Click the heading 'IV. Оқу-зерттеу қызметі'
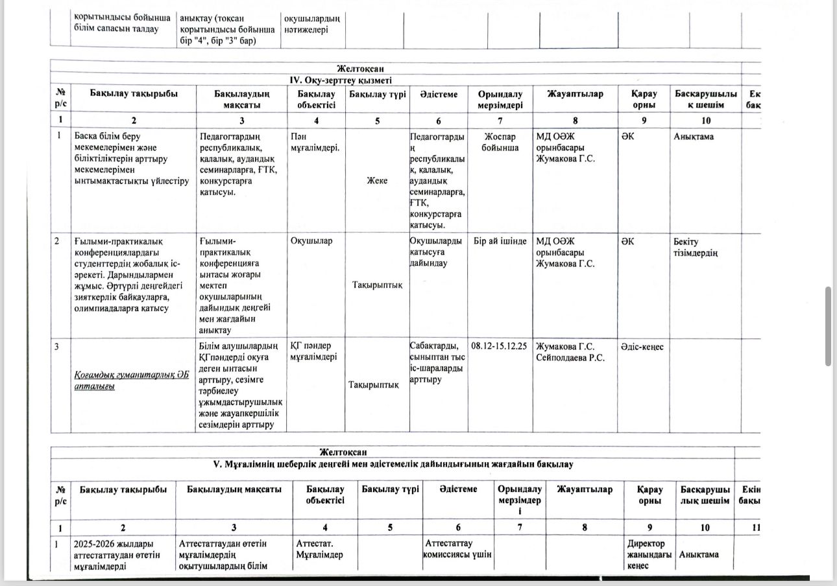pyautogui.click(x=340, y=80)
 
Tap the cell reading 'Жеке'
pyautogui.click(x=376, y=180)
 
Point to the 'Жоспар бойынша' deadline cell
pyautogui.click(x=500, y=143)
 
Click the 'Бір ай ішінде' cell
pyautogui.click(x=500, y=241)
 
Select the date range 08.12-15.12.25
pyautogui.click(x=500, y=346)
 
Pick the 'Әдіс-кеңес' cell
pyautogui.click(x=641, y=346)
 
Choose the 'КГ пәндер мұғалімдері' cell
pyautogui.click(x=313, y=351)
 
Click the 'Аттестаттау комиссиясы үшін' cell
pyautogui.click(x=458, y=548)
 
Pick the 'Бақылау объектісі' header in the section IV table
pyautogui.click(x=315, y=99)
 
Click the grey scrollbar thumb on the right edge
pyautogui.click(x=828, y=326)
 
